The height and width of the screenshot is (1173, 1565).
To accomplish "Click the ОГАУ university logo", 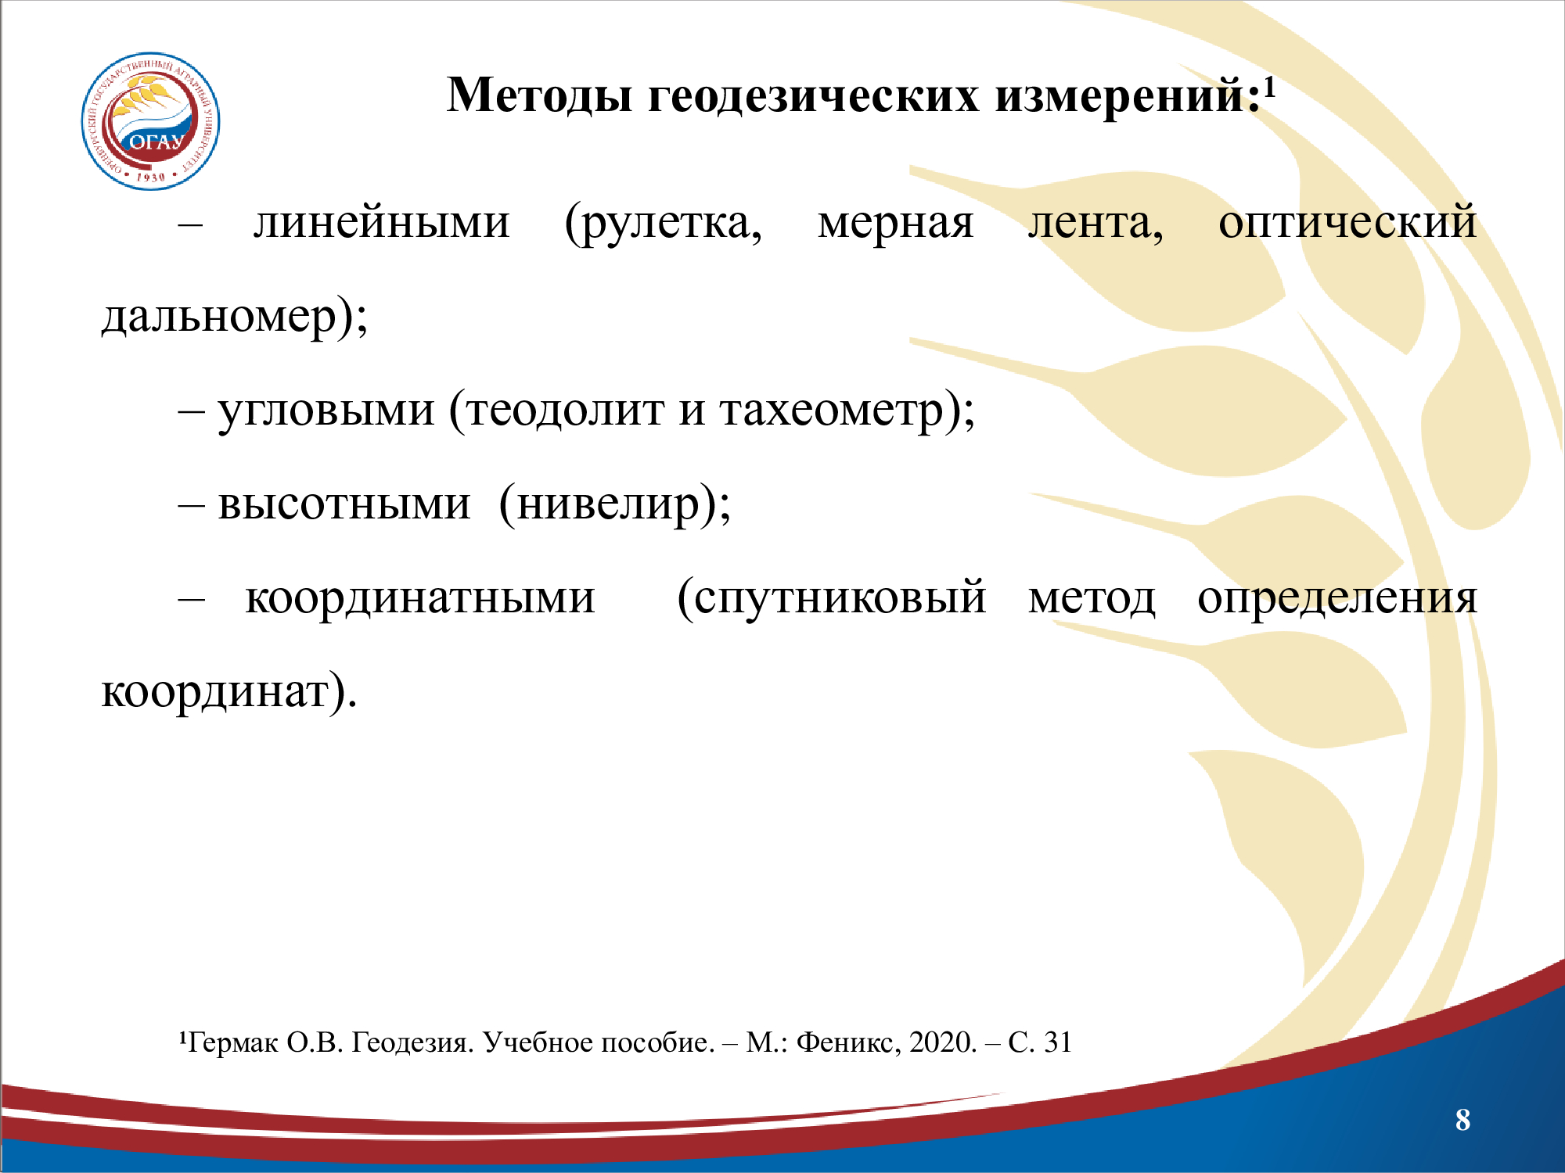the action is (151, 121).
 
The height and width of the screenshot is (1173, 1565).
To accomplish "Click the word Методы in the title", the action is (539, 96).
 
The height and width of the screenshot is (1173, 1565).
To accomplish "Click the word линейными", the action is (382, 223).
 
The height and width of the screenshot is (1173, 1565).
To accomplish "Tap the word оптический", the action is (1347, 223).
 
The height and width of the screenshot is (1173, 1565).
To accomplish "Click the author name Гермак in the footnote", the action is (233, 1043).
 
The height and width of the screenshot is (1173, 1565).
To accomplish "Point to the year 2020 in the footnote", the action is (943, 1043).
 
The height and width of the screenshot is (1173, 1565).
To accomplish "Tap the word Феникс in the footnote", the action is (848, 1043).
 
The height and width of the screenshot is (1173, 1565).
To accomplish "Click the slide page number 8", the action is (1462, 1120).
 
